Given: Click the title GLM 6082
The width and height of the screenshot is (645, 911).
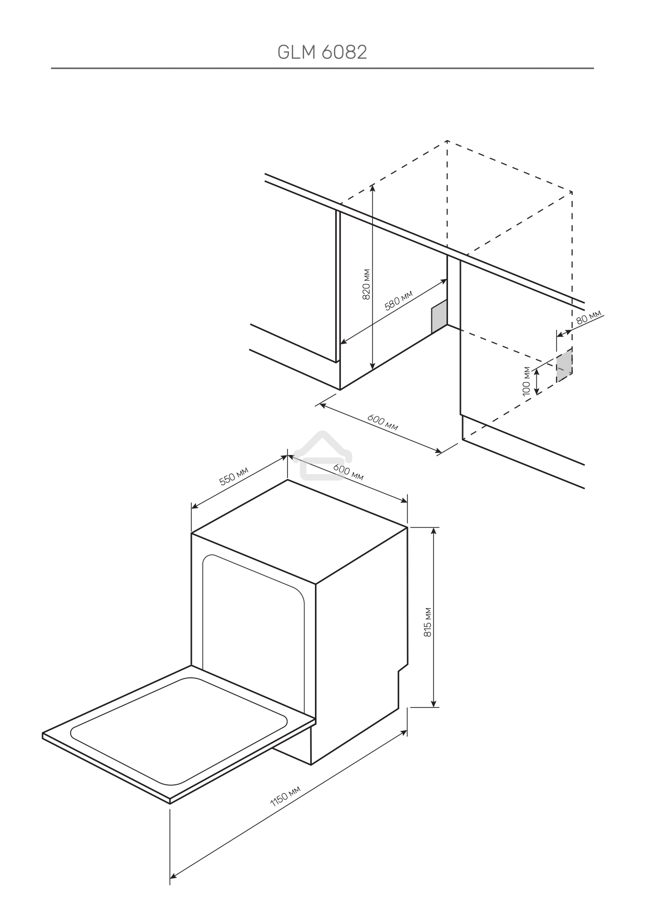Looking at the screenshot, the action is click(322, 52).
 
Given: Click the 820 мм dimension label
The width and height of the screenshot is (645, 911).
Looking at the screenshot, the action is click(366, 285).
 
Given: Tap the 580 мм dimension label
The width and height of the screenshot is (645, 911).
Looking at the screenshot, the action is click(398, 301).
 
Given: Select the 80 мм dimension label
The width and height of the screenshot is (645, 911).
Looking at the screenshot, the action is click(589, 317).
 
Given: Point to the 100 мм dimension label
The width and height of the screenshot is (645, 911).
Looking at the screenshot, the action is click(527, 381).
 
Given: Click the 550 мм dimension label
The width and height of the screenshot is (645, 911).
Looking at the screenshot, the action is click(234, 476).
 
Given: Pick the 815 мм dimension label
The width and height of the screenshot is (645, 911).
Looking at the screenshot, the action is click(428, 622).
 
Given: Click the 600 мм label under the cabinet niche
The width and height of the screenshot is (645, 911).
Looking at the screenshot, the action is click(383, 423).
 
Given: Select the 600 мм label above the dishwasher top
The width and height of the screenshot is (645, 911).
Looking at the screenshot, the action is click(348, 472).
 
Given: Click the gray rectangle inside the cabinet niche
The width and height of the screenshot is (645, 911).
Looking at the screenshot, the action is click(439, 317).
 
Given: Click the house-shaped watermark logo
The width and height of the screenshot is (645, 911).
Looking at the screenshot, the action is click(323, 455).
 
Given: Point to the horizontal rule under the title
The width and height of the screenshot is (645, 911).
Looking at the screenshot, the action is click(322, 68).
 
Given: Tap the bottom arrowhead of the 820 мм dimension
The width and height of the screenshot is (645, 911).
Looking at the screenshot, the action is click(372, 367).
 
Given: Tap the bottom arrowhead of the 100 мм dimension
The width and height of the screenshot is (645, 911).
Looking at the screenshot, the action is click(537, 390).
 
